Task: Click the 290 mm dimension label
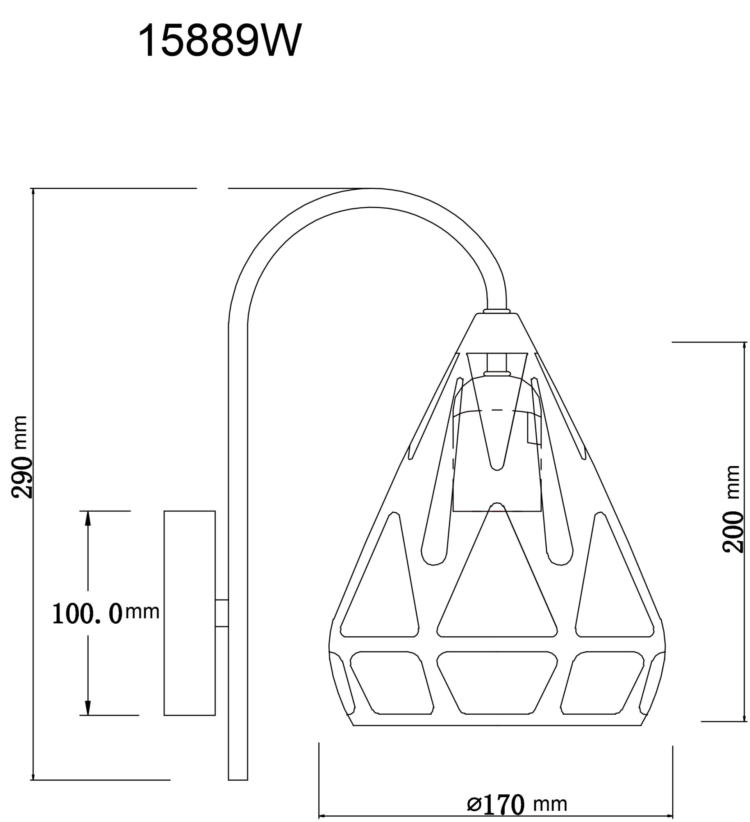[20, 457]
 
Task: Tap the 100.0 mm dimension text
[105, 613]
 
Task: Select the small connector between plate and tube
[221, 613]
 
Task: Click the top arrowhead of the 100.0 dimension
[88, 519]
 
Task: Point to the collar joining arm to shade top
[496, 311]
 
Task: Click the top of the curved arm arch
[371, 198]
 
